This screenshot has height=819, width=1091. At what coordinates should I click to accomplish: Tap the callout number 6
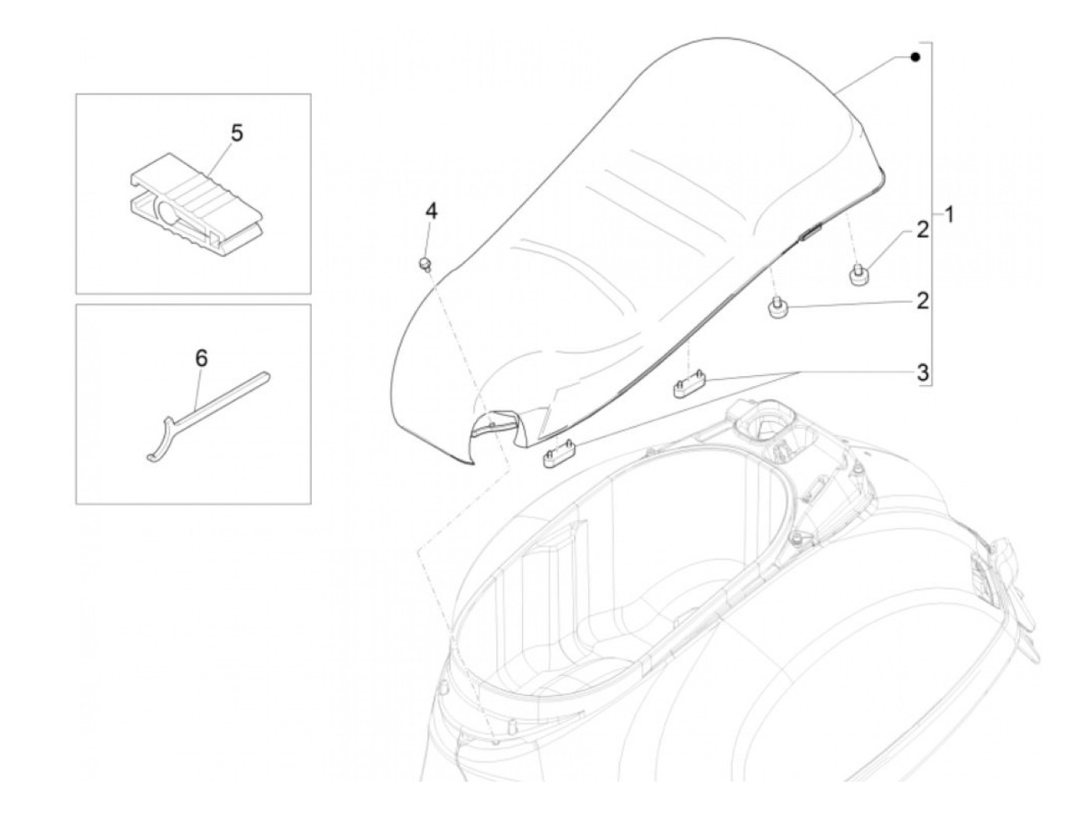201,358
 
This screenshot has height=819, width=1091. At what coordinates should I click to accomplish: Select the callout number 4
431,210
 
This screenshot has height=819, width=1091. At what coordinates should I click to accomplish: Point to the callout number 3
923,373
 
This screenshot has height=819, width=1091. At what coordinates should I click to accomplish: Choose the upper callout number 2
923,230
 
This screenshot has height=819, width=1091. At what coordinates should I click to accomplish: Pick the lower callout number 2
923,301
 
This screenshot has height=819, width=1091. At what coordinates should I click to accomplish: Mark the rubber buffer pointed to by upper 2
858,274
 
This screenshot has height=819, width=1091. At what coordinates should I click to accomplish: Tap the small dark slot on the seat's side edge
811,230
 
